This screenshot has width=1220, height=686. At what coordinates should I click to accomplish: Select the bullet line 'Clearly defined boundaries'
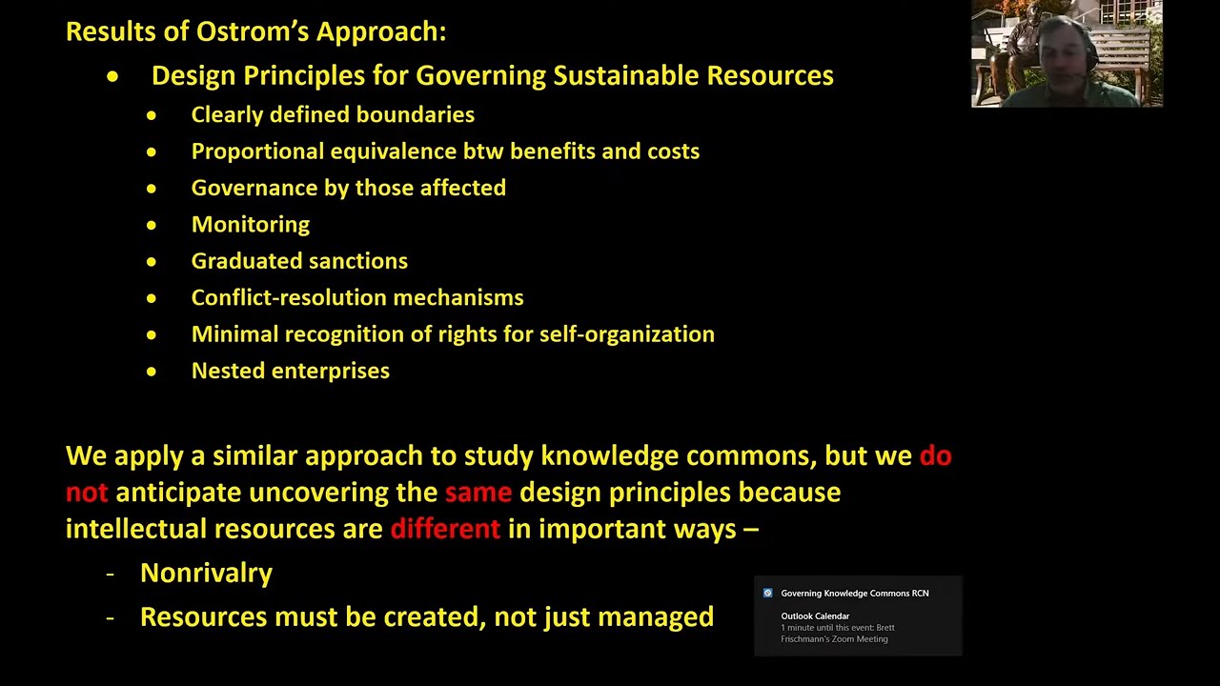click(x=333, y=115)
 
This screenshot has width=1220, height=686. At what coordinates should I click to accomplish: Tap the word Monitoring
click(x=251, y=225)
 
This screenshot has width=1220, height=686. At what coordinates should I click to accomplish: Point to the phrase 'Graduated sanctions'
click(x=299, y=261)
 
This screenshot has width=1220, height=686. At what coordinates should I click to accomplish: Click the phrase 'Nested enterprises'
click(x=291, y=371)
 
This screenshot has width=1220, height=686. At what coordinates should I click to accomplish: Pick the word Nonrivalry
click(x=206, y=573)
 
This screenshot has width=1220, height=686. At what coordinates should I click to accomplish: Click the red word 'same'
click(x=478, y=493)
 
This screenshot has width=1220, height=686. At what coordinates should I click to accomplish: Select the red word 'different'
click(x=445, y=529)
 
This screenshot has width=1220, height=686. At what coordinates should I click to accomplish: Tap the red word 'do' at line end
click(x=935, y=456)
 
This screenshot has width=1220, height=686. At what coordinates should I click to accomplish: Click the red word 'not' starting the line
click(x=87, y=493)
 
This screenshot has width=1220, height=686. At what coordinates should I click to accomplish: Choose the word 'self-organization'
click(x=627, y=334)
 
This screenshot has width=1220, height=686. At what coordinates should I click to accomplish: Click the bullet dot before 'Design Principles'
click(x=113, y=76)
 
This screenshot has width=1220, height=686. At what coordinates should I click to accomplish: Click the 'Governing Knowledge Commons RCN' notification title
click(x=855, y=594)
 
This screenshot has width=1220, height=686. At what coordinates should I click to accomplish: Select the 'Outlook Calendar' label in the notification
click(x=815, y=616)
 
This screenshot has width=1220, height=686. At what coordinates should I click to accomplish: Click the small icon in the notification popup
click(x=768, y=593)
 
